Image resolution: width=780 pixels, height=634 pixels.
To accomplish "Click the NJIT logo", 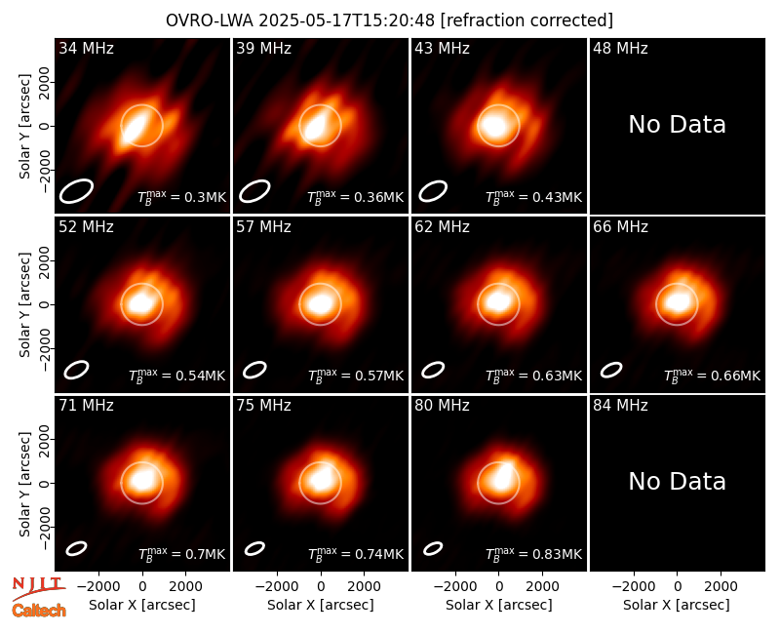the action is [38, 588].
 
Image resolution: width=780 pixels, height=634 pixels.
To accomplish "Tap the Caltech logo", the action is [39, 611].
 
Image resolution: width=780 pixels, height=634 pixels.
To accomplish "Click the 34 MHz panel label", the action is [86, 48].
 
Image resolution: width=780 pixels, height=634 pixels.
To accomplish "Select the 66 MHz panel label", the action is [620, 227].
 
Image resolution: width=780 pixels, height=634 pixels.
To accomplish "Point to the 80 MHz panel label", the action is [442, 406].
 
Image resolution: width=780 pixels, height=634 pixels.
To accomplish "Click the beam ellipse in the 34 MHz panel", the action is [76, 190].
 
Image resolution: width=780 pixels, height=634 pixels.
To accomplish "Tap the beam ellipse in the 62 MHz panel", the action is [433, 370].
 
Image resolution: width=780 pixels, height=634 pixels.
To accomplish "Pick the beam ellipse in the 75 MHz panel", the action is [254, 548].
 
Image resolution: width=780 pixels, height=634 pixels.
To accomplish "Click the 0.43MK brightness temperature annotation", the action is [533, 197].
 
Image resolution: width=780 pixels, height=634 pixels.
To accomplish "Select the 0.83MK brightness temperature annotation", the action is [533, 554].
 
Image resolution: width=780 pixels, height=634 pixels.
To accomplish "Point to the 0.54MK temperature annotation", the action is [176, 376].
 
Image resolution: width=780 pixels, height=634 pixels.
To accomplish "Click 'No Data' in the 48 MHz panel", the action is [677, 125].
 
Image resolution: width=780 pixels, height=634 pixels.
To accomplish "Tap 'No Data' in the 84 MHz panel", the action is [677, 481].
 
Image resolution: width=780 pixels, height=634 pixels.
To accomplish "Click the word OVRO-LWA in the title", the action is [210, 20].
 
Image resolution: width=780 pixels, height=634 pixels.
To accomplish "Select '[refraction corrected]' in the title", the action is [526, 20].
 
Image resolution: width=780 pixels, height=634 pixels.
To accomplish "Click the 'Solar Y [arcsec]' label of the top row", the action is [24, 127].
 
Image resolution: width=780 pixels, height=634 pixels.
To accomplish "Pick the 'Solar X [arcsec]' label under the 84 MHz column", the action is [677, 605].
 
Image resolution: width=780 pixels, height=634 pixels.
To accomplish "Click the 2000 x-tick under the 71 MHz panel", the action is [185, 587].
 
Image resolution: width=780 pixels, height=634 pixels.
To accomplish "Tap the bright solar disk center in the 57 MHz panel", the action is [320, 303].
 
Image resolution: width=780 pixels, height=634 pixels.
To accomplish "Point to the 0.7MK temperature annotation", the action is [181, 554].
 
